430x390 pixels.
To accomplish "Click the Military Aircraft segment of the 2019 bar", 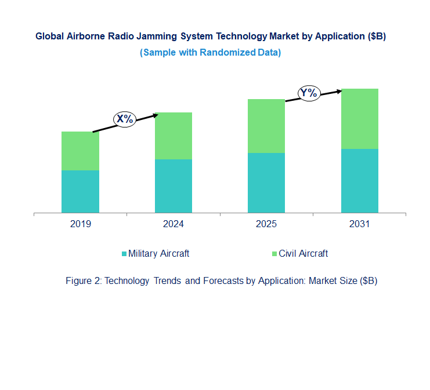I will [x=80, y=191].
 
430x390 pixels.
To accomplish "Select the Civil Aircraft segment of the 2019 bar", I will [x=80, y=151].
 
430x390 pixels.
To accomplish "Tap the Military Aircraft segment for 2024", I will [x=173, y=186].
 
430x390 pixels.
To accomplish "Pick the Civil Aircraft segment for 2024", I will [x=173, y=136].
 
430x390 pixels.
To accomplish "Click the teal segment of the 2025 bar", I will [x=266, y=183].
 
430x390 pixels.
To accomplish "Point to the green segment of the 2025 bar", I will [x=266, y=126].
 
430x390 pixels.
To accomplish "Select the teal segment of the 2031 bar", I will [x=359, y=181].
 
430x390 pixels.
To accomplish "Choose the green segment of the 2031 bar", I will [x=359, y=119].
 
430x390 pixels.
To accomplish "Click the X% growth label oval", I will [x=124, y=119].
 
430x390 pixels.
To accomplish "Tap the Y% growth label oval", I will [x=309, y=93].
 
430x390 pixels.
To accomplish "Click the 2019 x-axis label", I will [x=80, y=224].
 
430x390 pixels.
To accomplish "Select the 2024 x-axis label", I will [x=173, y=224].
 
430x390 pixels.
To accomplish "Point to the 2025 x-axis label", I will [x=266, y=224].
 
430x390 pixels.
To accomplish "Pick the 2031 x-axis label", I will [x=359, y=224].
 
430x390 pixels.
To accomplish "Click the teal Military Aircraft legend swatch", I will [x=124, y=254].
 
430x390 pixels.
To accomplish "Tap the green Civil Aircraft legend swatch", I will [x=274, y=254].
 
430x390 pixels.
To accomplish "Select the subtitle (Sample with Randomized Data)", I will [x=210, y=52].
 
